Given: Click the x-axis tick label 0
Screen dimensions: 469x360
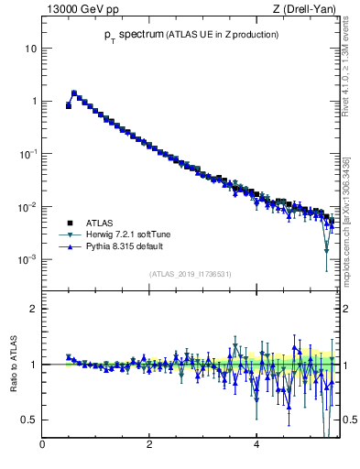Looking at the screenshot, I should [42, 446].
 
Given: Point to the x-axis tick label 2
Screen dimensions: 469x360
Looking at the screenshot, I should [149, 446].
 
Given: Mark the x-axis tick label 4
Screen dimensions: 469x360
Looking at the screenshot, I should [256, 446].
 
